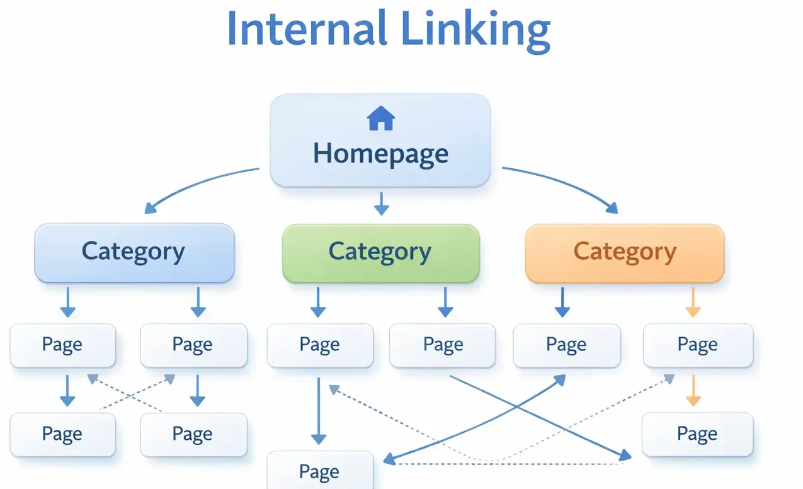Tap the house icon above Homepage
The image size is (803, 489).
coord(380,118)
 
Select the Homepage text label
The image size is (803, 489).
coord(380,153)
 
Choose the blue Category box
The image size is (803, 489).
coord(134,252)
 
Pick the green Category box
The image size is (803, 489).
coord(380,252)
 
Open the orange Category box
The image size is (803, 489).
coord(625,252)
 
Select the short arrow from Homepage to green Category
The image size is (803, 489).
coord(380,204)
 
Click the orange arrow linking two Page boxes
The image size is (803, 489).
coord(692,391)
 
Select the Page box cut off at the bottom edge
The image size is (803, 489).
coord(320,471)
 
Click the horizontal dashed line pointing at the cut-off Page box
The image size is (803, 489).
coord(504,464)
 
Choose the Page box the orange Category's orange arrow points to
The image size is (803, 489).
coord(698,345)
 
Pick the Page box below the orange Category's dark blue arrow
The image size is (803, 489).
coord(567,345)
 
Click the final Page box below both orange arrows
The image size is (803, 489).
coord(698,434)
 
